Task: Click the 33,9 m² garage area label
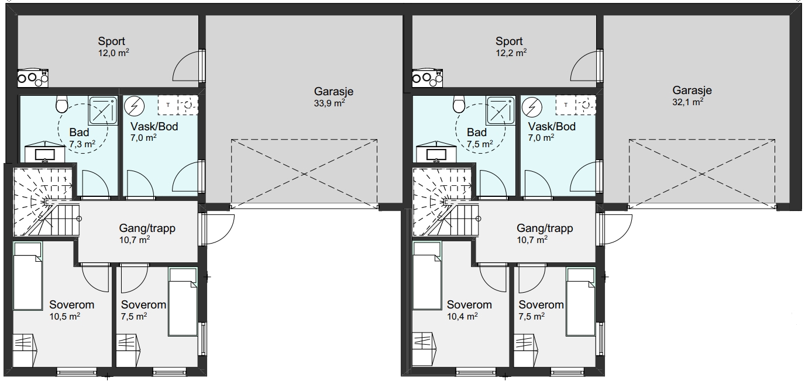329,103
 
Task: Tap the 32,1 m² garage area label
688,102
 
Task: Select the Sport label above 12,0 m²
111,41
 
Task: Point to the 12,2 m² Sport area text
511,53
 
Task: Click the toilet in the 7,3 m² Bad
62,105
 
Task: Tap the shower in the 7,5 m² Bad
500,110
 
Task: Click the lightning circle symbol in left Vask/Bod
135,106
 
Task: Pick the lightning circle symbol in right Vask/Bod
532,106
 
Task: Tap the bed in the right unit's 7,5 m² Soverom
580,302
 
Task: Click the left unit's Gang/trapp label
147,228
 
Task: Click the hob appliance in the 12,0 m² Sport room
33,78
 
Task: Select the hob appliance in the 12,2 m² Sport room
427,78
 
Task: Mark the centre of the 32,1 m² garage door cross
702,174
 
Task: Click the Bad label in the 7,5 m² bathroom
477,133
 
